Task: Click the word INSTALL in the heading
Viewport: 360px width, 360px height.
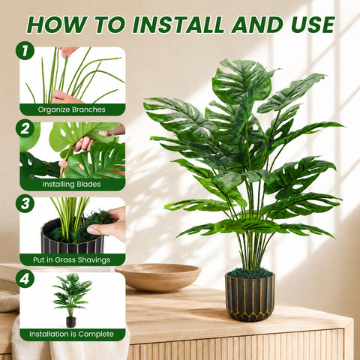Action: pos(178,25)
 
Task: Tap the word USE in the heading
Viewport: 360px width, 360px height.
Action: pos(313,25)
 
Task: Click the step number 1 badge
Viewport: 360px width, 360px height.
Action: pos(25,50)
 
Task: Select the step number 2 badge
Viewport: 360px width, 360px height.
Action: pos(25,128)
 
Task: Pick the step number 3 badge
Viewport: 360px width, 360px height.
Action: pos(25,203)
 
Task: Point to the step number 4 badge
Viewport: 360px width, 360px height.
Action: pos(25,278)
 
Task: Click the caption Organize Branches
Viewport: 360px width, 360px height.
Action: pos(72,109)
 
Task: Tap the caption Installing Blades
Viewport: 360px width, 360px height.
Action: pos(71,184)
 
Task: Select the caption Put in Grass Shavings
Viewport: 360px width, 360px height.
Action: pos(72,259)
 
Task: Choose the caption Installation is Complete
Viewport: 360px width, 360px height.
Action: pos(71,334)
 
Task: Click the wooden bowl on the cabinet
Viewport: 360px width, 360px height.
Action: pos(158,277)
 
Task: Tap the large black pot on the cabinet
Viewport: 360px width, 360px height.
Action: pos(250,296)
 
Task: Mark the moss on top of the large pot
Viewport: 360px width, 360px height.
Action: pos(250,273)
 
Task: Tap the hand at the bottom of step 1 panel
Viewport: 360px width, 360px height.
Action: pos(65,97)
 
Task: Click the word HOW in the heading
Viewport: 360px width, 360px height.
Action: pos(58,25)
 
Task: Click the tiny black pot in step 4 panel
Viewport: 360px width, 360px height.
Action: pos(70,322)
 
